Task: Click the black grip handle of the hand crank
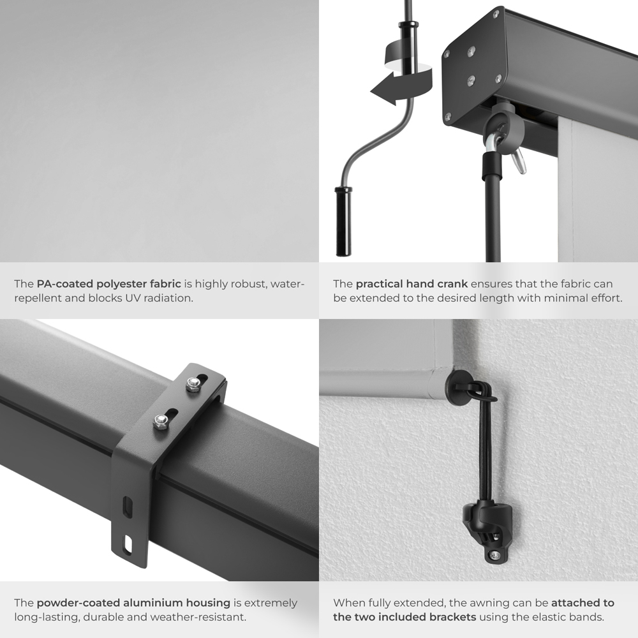[343, 221]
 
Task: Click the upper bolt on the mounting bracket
[192, 383]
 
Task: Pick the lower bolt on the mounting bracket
[161, 421]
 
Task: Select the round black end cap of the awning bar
[458, 385]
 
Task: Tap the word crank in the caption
[454, 284]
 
